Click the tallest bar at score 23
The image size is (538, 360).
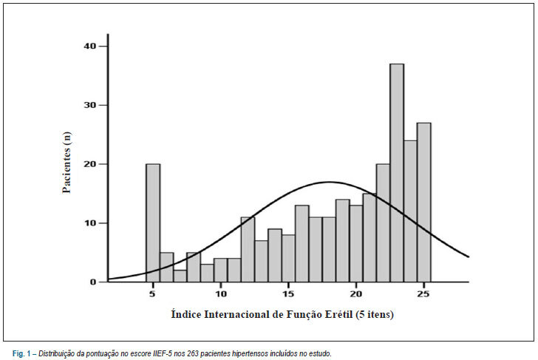(397, 173)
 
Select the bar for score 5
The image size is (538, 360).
(153, 223)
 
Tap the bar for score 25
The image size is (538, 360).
(423, 202)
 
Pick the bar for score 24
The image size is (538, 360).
(410, 211)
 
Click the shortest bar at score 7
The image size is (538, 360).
(180, 276)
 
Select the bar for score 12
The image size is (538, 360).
(248, 250)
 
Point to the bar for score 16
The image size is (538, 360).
(302, 243)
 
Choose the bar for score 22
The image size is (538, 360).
(384, 223)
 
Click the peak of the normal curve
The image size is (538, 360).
(330, 182)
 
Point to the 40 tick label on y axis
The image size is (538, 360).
(90, 46)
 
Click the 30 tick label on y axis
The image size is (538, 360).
(90, 105)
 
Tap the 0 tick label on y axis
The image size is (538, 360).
(93, 282)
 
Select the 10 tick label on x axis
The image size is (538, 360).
(221, 293)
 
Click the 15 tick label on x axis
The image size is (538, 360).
(288, 293)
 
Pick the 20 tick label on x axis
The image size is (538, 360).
(355, 293)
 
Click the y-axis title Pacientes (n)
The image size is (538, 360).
(67, 163)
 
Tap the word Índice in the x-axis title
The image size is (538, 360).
(186, 313)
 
